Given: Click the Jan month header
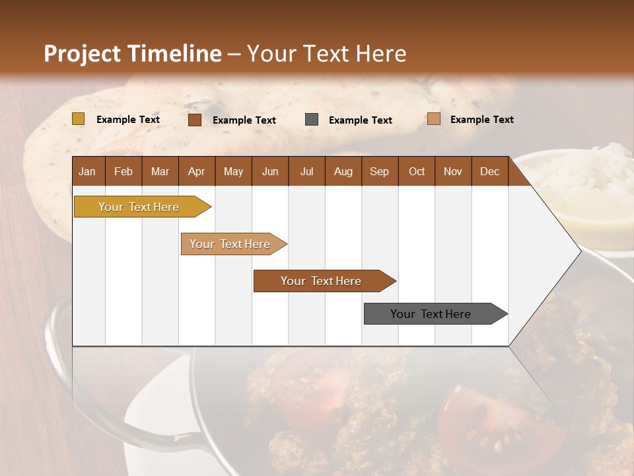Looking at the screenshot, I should click(x=87, y=172).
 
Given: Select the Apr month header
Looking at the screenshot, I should click(x=197, y=172).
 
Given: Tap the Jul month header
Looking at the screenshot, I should click(x=307, y=172).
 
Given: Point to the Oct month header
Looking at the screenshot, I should click(x=417, y=172).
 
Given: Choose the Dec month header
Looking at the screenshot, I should click(x=490, y=172).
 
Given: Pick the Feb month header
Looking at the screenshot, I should click(x=123, y=172).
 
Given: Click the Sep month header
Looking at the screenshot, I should click(x=380, y=172).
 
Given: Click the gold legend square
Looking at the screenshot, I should click(x=79, y=119).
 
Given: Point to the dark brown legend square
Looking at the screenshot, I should click(x=195, y=120).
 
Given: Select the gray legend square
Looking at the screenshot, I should click(x=312, y=120).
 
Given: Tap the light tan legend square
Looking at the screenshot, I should click(x=433, y=119).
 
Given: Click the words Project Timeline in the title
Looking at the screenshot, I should click(x=133, y=54).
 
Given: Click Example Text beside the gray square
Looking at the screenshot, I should click(x=361, y=120).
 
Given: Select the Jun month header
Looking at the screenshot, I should click(x=270, y=172).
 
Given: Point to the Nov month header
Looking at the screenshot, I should click(x=453, y=172).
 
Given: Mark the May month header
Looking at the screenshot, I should click(x=233, y=172).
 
